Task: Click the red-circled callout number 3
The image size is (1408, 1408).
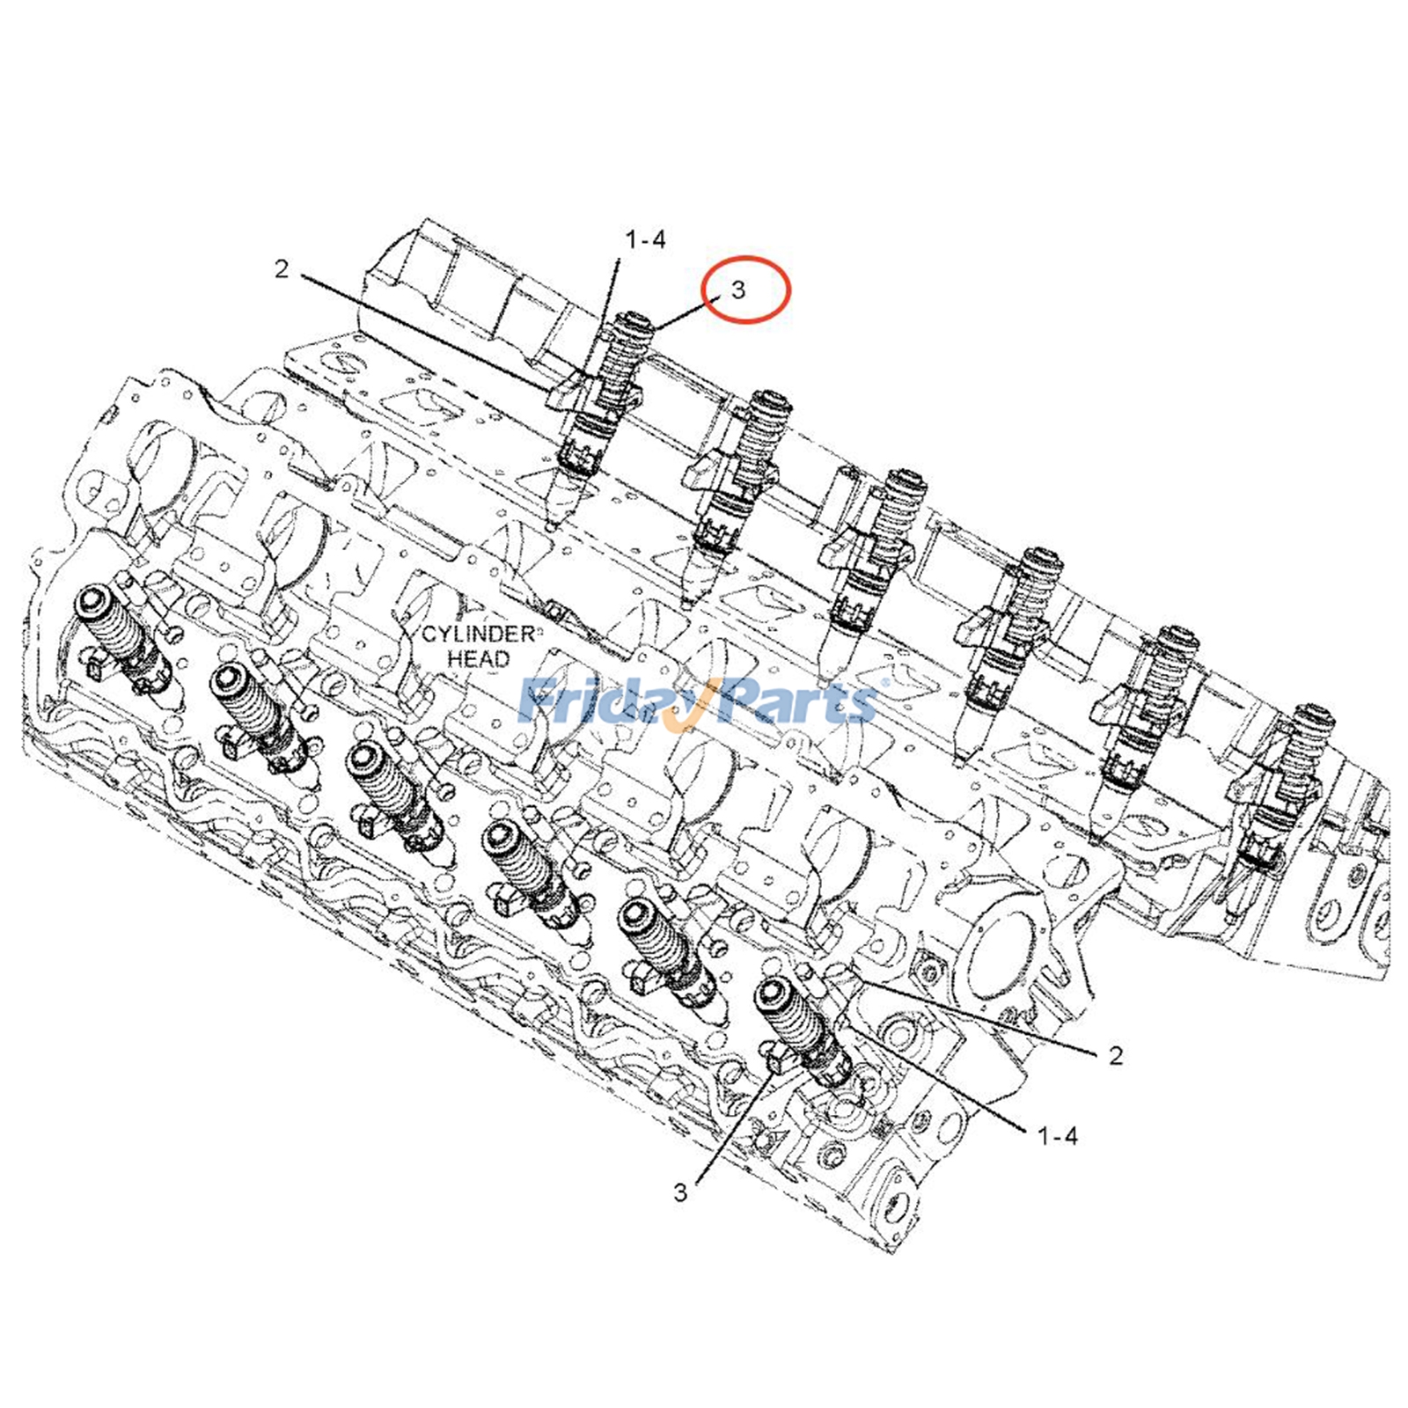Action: (x=738, y=290)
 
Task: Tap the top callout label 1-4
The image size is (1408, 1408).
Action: (x=645, y=239)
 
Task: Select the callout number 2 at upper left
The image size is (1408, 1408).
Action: (x=281, y=268)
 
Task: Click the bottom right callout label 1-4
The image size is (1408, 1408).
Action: (x=1057, y=1136)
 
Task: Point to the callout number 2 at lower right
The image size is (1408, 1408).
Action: (x=1116, y=1055)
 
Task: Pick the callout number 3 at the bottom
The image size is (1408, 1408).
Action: (x=680, y=1193)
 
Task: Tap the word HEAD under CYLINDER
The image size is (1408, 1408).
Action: (x=478, y=658)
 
